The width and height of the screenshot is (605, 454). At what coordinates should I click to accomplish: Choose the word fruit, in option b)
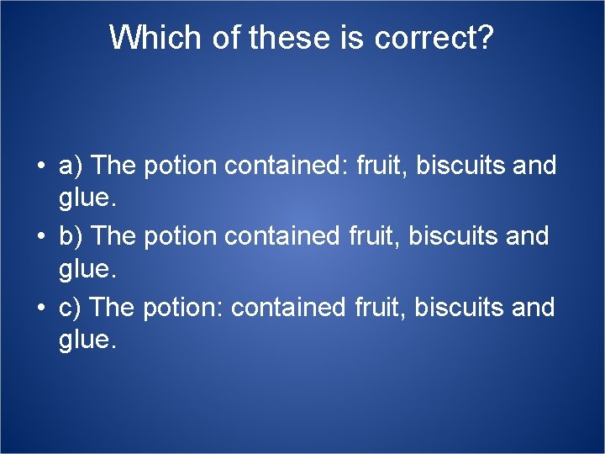[374, 236]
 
